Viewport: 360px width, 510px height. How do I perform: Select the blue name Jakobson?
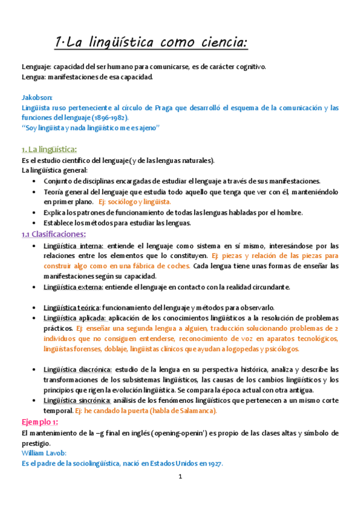click(x=37, y=97)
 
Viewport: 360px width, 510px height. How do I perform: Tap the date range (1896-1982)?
click(x=111, y=118)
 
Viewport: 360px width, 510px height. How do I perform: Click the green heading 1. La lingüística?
click(x=49, y=149)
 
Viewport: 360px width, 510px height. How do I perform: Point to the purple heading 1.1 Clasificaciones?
click(x=53, y=234)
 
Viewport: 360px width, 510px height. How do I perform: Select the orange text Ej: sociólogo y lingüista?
click(x=135, y=202)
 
